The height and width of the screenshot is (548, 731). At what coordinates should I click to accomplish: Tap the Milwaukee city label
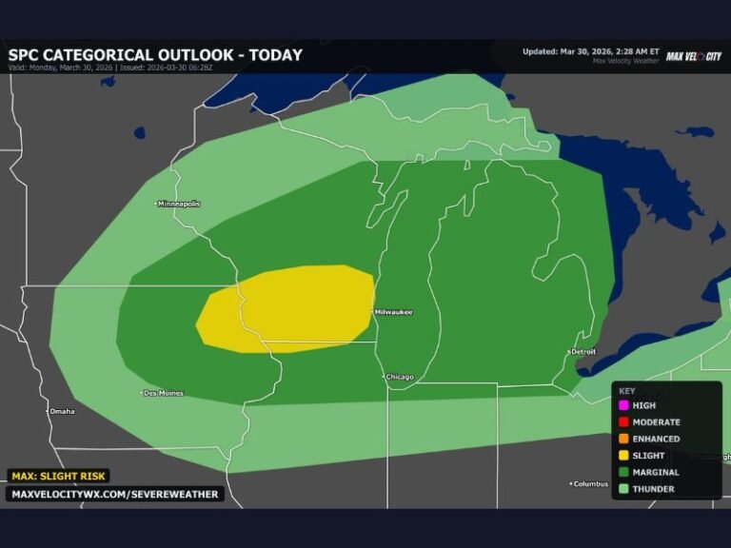392,312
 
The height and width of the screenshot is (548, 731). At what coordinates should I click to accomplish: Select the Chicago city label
399,377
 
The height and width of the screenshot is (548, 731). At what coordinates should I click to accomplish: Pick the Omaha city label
62,411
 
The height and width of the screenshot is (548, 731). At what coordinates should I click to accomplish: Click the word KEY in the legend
626,390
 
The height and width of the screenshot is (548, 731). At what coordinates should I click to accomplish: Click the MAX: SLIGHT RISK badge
59,476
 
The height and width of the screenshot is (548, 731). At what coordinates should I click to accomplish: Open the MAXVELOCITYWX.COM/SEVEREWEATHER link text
115,494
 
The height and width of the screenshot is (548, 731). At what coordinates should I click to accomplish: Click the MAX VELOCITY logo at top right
693,56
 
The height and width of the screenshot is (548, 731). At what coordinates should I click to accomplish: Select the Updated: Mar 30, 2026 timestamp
590,51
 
